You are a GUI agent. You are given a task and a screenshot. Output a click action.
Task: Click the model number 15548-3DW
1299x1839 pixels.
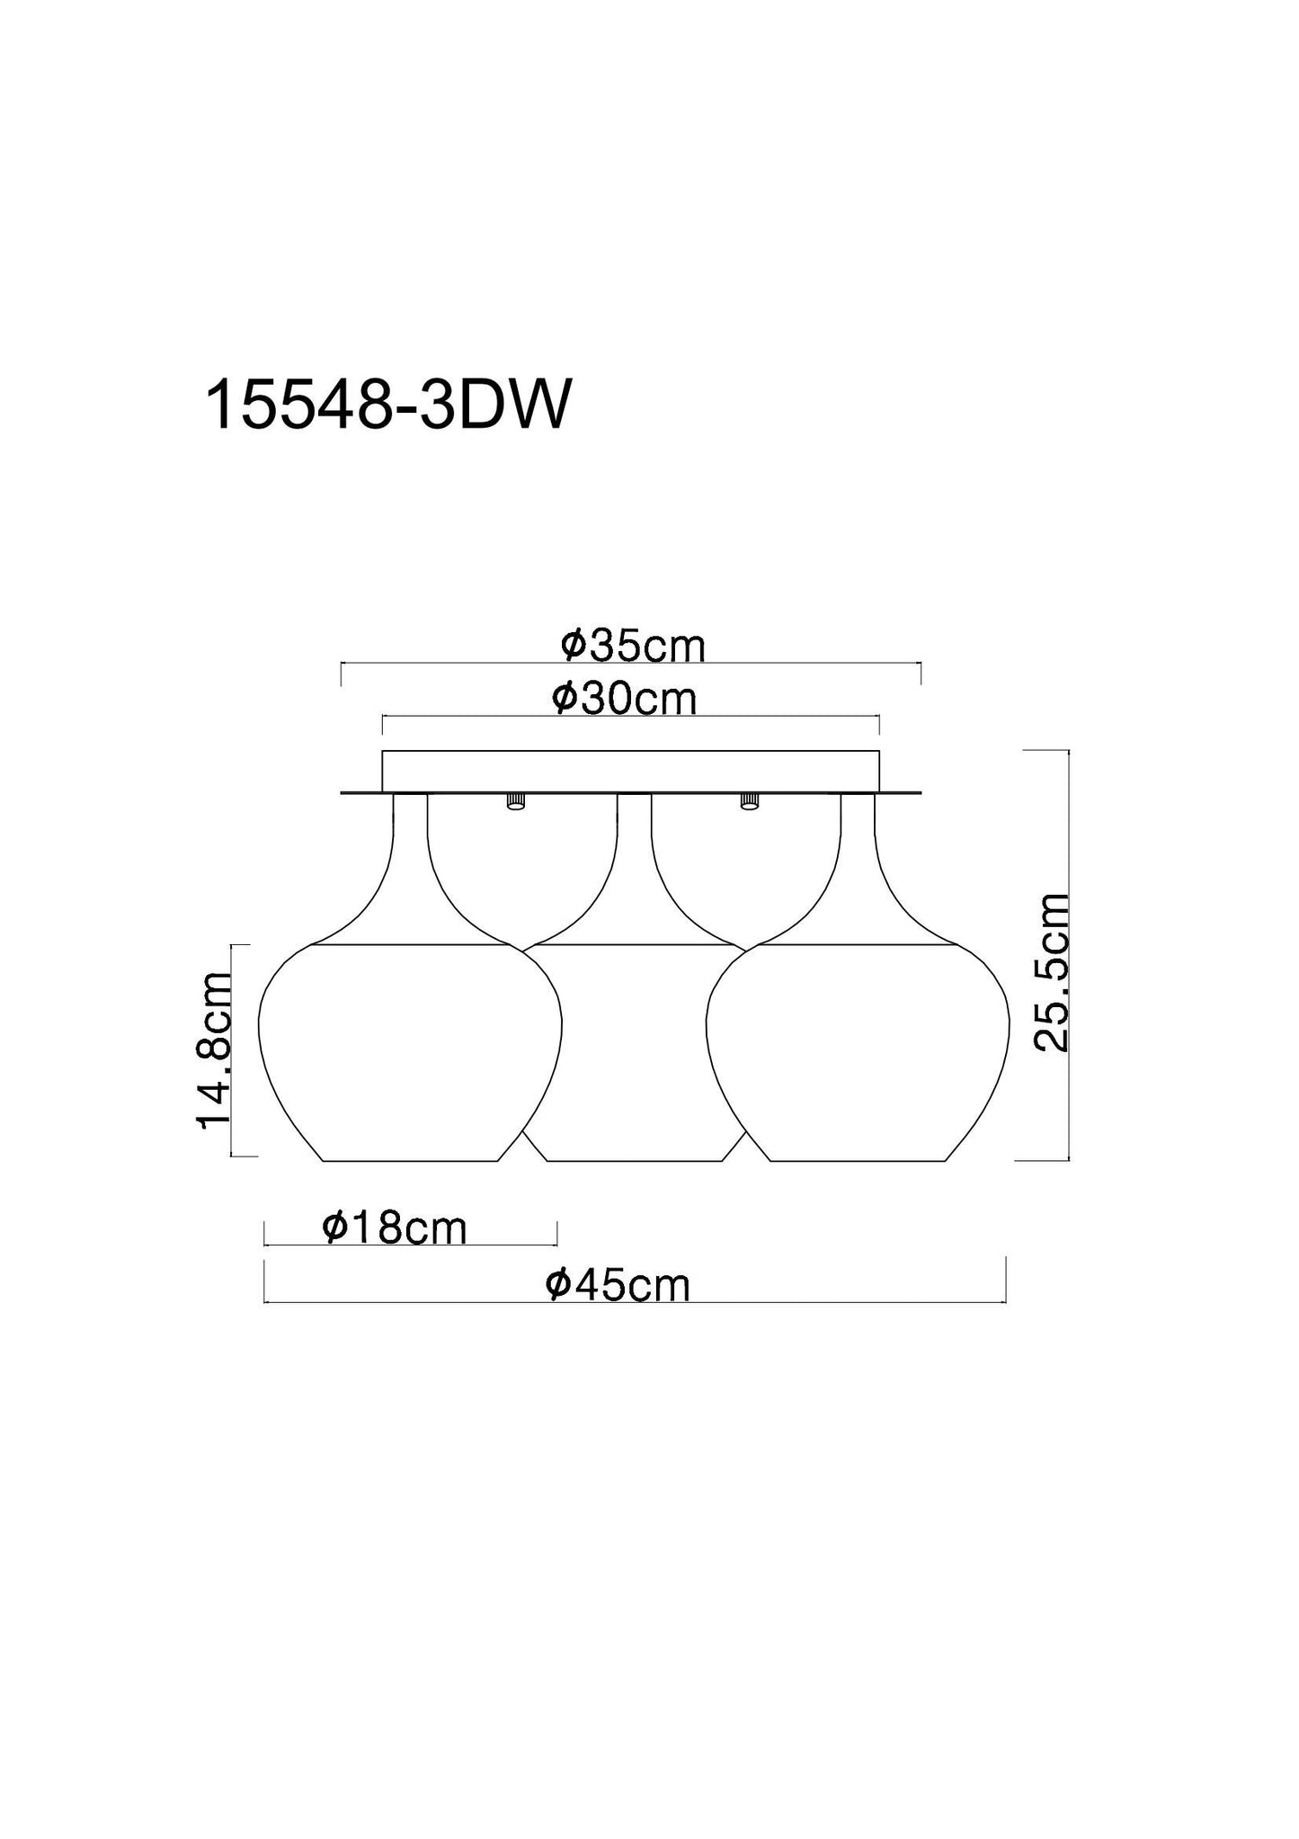click(388, 406)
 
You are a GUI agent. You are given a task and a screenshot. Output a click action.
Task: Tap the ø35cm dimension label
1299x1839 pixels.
click(632, 646)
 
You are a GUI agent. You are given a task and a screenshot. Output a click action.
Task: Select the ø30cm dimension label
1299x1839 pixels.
click(625, 699)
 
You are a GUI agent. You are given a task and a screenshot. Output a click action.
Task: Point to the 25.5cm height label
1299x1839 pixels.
click(1051, 973)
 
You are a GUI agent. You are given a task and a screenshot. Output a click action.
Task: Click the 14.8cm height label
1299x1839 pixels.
click(215, 1051)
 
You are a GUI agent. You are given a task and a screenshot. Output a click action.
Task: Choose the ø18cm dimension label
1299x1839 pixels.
click(395, 1227)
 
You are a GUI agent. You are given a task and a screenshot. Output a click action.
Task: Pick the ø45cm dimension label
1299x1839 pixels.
click(618, 1285)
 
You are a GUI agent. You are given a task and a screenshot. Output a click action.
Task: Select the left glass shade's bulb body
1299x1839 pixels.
click(410, 1052)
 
